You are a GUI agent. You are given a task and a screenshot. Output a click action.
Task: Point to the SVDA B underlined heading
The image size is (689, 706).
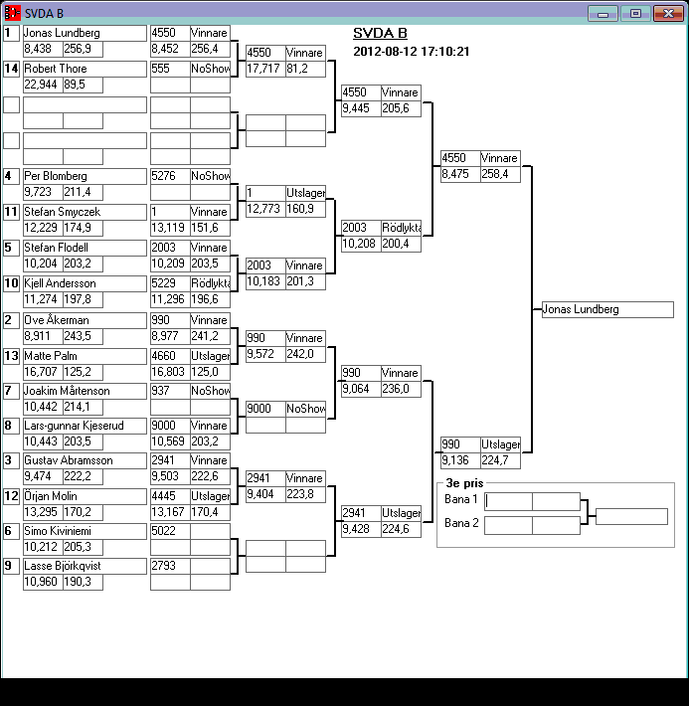(x=380, y=33)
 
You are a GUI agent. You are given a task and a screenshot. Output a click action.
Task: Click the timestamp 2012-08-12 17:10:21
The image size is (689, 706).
(x=411, y=52)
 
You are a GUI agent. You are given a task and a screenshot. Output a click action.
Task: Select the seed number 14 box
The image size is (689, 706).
(x=12, y=69)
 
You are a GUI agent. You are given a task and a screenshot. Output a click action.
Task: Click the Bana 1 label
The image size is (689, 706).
(x=461, y=500)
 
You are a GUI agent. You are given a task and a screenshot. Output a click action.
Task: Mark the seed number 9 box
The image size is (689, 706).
(x=12, y=566)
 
